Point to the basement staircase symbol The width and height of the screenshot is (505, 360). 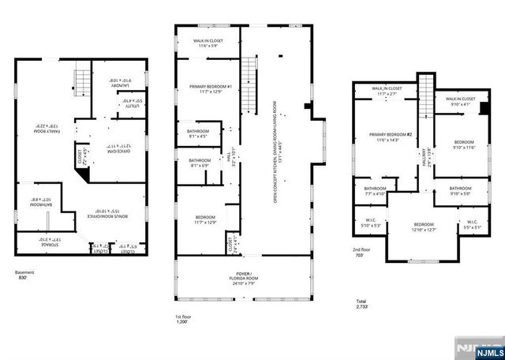81,81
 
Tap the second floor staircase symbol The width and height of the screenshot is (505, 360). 426,92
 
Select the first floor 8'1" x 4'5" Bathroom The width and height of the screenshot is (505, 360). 197,133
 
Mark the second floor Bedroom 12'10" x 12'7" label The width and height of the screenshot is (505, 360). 424,227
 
